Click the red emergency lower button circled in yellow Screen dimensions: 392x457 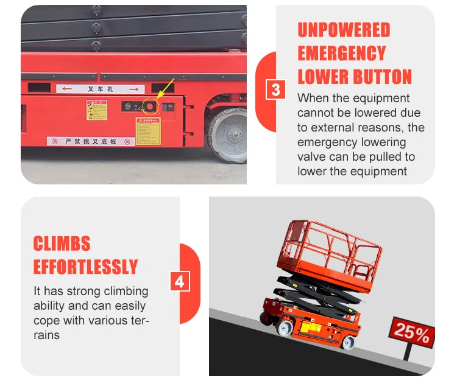[150, 107]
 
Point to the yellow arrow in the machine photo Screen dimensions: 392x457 [165, 89]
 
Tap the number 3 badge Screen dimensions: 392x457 [276, 90]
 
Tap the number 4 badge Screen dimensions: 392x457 [179, 282]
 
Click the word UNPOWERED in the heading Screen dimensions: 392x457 [344, 30]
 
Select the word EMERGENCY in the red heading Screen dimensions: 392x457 [342, 54]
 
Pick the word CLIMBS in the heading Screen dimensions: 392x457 [62, 244]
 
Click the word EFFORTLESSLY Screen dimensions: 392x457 [85, 267]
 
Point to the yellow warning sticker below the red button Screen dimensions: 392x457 [148, 131]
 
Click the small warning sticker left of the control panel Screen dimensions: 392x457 [96, 111]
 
